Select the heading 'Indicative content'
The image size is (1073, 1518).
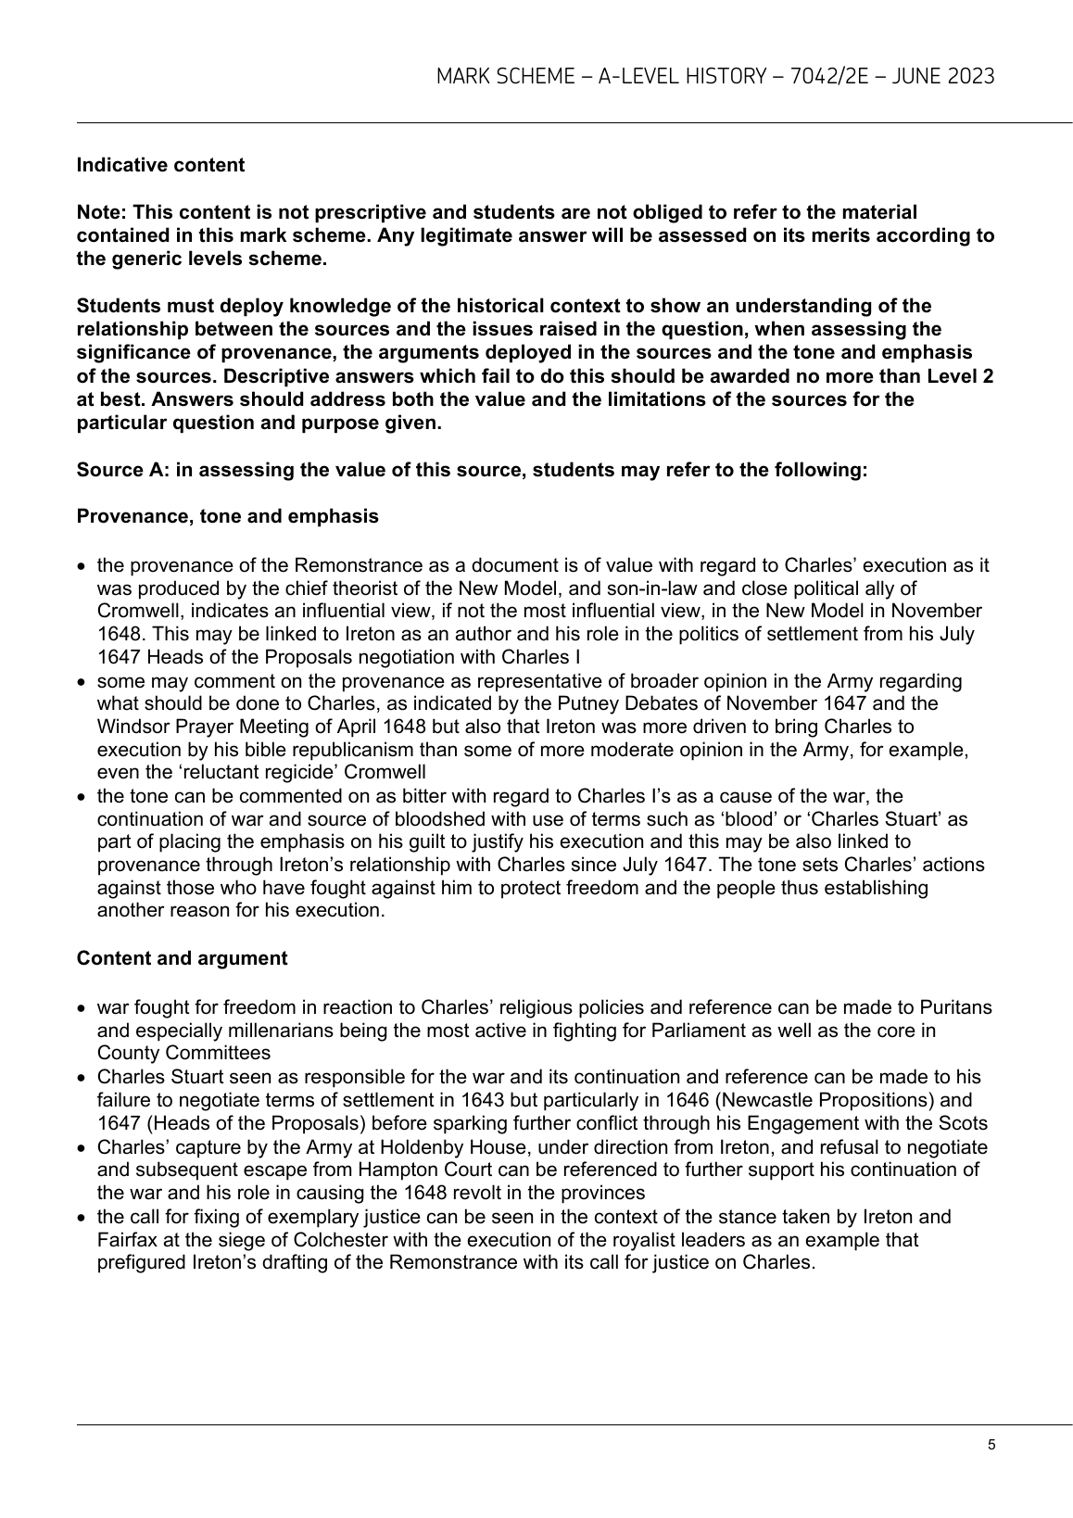coord(160,165)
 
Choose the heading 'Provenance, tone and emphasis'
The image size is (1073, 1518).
coord(227,516)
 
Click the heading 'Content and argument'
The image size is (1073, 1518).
coord(182,958)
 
